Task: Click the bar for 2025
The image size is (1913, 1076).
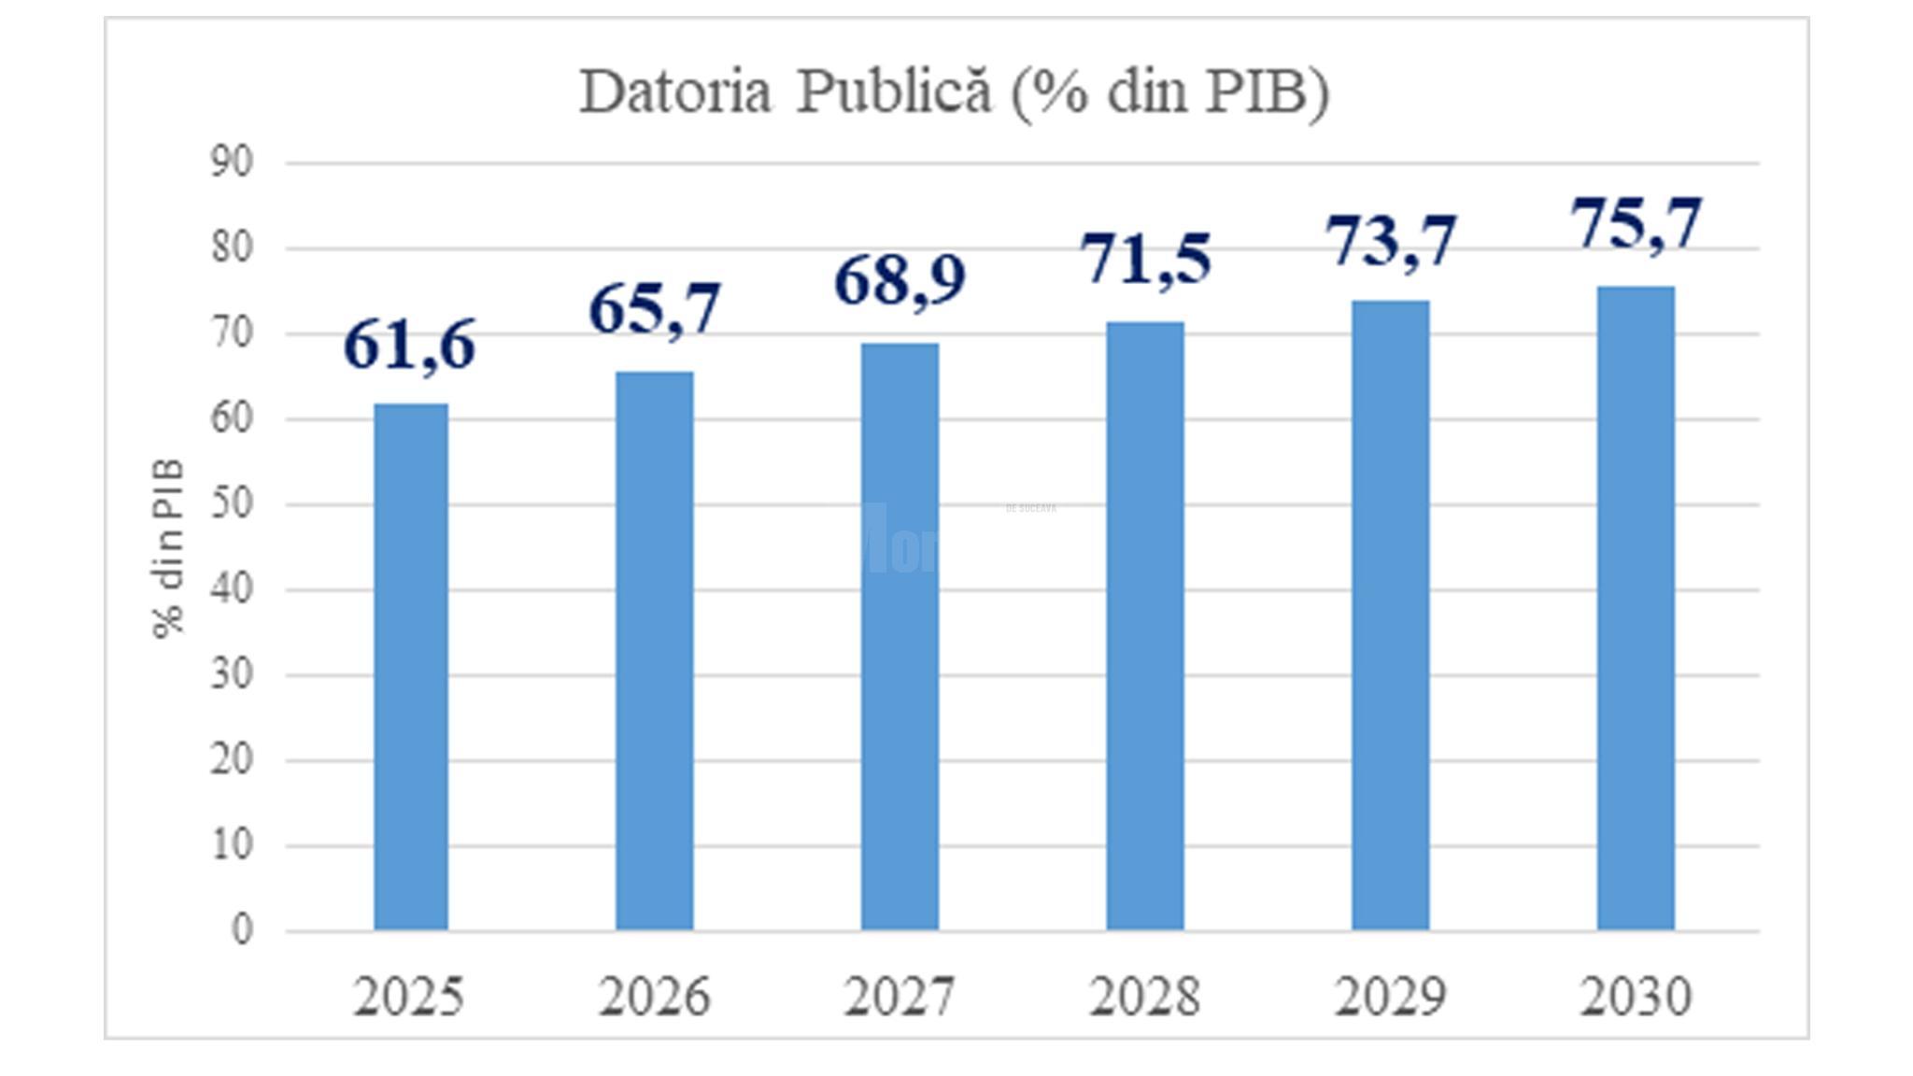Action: (411, 667)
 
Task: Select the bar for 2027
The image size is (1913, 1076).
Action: (900, 637)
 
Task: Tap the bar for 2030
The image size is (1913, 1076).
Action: (1636, 608)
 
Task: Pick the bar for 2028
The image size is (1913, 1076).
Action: (1145, 626)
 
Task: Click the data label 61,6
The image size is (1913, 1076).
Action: (410, 346)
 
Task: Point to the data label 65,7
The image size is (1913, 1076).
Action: (655, 309)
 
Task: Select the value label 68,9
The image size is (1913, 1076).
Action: (900, 280)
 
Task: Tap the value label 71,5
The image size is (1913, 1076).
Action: (1146, 259)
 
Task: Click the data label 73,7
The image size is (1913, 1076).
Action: (1391, 241)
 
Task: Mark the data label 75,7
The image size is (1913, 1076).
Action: (1637, 224)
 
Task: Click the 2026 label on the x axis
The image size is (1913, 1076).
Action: (655, 997)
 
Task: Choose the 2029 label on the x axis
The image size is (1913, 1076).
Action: (1390, 997)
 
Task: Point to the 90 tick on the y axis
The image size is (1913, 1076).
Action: (232, 163)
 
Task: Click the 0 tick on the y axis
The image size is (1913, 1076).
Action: (242, 930)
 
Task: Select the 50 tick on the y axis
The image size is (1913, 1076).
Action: (232, 504)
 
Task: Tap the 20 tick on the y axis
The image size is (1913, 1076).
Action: (232, 760)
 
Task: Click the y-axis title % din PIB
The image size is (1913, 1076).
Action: (169, 548)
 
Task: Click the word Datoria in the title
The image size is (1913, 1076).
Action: (675, 92)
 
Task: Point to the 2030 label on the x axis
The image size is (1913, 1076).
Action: (1636, 997)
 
